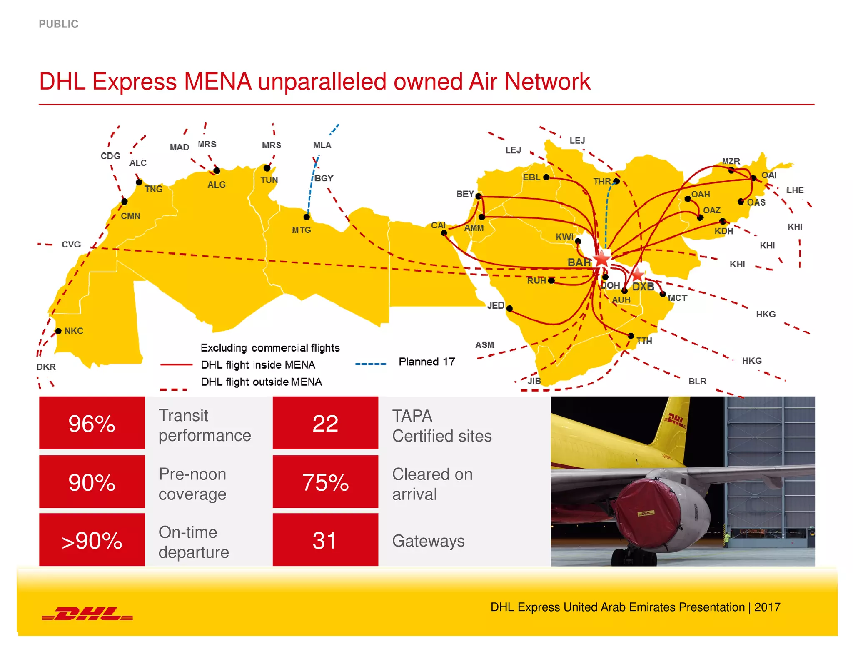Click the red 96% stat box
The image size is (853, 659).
pyautogui.click(x=92, y=423)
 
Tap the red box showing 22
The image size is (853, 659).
pyautogui.click(x=325, y=423)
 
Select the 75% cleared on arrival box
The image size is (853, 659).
pyautogui.click(x=325, y=482)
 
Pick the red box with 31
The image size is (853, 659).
pyautogui.click(x=325, y=540)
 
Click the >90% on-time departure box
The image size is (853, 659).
pyautogui.click(x=92, y=540)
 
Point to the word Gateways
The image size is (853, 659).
pyautogui.click(x=428, y=541)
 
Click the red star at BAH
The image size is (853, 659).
pyautogui.click(x=602, y=259)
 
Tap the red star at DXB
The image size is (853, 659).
pyautogui.click(x=637, y=275)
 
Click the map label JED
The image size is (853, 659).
pyautogui.click(x=496, y=305)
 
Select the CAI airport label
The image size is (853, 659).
pyautogui.click(x=438, y=225)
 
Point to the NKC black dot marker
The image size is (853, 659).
pyautogui.click(x=58, y=331)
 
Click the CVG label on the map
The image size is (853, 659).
pyautogui.click(x=71, y=245)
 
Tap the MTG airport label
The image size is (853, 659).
pyautogui.click(x=301, y=230)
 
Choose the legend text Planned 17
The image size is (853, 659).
pyautogui.click(x=426, y=362)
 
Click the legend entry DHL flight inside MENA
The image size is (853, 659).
pyautogui.click(x=258, y=365)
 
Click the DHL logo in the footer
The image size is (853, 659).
pyautogui.click(x=87, y=614)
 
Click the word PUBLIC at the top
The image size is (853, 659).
pyautogui.click(x=59, y=24)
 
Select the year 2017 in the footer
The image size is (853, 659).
pyautogui.click(x=767, y=607)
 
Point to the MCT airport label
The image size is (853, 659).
pyautogui.click(x=677, y=298)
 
